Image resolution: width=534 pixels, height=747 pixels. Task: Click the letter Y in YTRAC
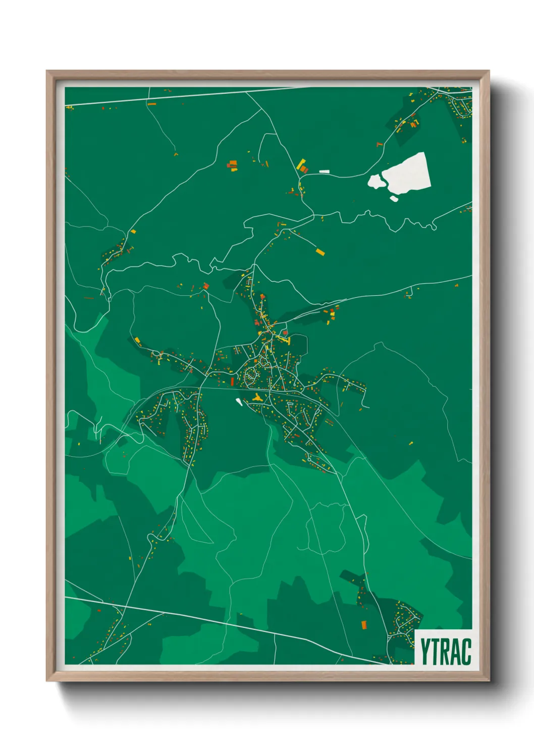(x=427, y=652)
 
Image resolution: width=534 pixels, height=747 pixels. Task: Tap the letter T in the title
(x=438, y=652)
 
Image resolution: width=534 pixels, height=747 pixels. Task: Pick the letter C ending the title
(x=467, y=652)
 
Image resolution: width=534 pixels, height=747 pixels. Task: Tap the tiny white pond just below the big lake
(x=394, y=198)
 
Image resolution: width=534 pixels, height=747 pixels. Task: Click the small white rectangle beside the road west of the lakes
(x=324, y=172)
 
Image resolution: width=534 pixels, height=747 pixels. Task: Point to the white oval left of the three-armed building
(x=239, y=402)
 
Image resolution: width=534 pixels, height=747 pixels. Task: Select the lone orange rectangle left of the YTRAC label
(x=363, y=625)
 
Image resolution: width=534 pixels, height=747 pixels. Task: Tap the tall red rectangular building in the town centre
(x=232, y=381)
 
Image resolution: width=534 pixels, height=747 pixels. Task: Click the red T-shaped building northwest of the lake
(x=379, y=144)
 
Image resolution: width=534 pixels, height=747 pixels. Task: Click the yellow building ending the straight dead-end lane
(x=319, y=251)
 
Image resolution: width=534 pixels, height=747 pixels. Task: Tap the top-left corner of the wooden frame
(x=47, y=71)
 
